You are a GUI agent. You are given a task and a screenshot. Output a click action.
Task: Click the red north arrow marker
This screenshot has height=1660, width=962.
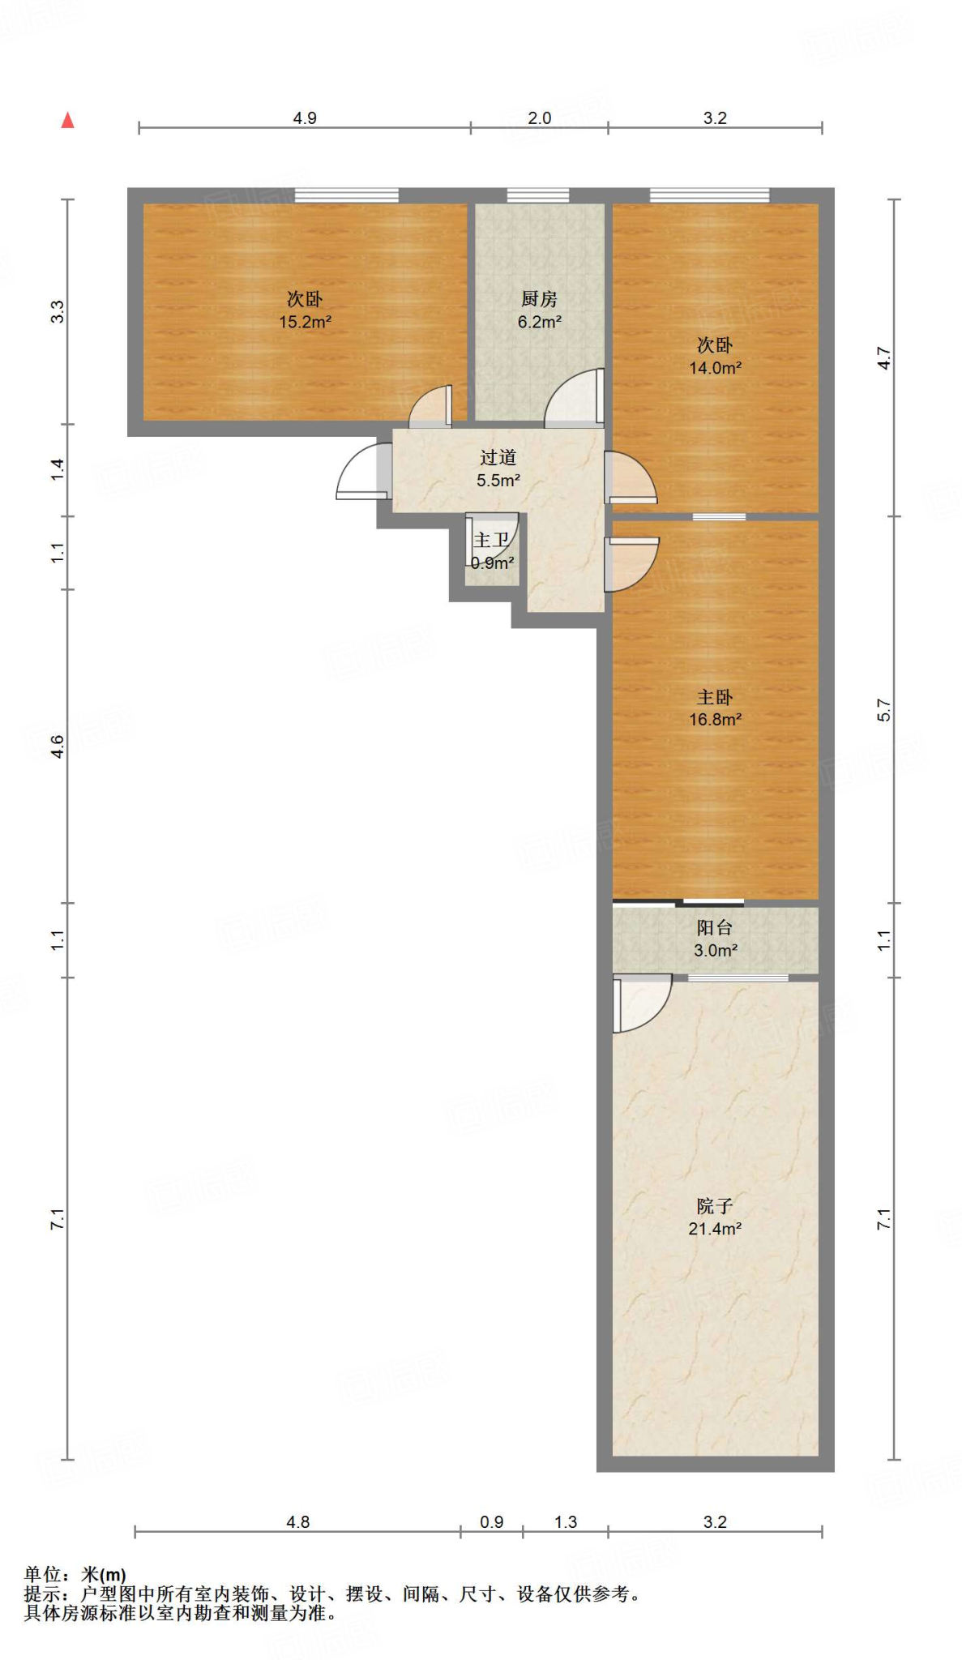[x=68, y=120]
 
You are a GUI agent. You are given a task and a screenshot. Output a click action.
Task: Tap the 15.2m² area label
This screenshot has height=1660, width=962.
[x=305, y=322]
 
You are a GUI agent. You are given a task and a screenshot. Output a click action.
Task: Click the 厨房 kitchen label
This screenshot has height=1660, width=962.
[x=539, y=299]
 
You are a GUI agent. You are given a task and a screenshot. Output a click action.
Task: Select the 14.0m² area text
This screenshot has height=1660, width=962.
[x=715, y=368]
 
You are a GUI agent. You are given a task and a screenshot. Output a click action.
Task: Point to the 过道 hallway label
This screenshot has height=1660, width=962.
[x=498, y=458]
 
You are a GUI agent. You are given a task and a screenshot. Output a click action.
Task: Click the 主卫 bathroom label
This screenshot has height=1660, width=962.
[x=491, y=540]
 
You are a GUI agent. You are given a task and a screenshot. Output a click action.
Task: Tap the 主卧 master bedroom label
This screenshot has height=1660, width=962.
[x=715, y=697]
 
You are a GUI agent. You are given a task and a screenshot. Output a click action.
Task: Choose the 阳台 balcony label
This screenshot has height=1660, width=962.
[x=715, y=928]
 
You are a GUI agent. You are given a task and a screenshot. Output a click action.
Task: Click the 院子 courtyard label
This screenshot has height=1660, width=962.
[x=715, y=1207]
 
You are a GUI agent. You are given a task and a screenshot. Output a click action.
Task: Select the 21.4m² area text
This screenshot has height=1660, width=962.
[x=715, y=1229]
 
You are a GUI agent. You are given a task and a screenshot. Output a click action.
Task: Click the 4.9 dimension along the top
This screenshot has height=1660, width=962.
[x=305, y=118]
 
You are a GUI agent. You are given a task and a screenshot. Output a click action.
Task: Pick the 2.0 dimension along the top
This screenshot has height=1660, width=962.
[x=539, y=118]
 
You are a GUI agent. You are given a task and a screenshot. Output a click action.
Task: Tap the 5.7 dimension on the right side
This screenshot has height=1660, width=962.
[x=883, y=710]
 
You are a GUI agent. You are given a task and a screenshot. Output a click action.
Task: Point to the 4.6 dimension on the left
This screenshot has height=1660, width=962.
[x=58, y=747]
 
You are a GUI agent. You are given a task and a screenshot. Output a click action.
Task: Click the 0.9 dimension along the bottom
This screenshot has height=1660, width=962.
[x=491, y=1522]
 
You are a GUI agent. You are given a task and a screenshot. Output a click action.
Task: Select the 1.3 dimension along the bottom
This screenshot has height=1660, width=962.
[x=565, y=1522]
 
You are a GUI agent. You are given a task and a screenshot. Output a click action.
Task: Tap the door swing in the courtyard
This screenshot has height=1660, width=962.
[x=641, y=1003]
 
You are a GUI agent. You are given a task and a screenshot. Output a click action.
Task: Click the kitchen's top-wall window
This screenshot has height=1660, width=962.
[x=538, y=195]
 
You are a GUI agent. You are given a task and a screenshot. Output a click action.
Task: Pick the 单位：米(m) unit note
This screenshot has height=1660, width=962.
[x=75, y=1575]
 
